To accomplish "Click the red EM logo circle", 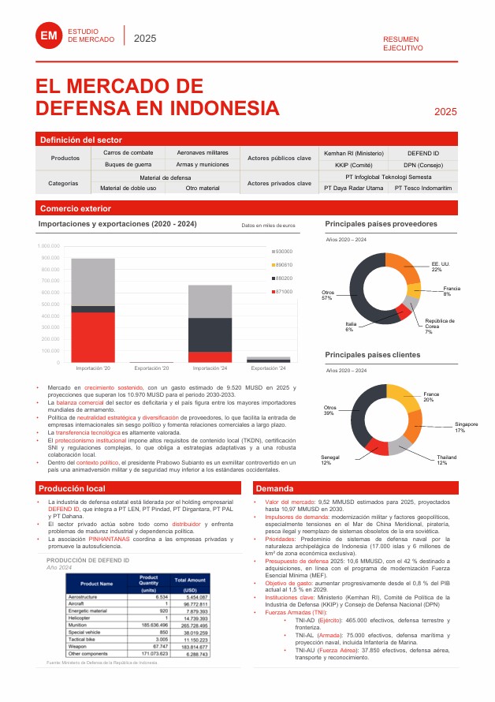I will [x=50, y=35].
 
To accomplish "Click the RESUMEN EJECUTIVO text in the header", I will [x=402, y=43].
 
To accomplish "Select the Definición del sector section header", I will [x=81, y=140].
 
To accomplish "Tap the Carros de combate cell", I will [x=128, y=152].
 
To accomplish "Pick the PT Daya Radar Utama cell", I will [x=353, y=189].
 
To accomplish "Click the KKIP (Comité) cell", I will [x=353, y=165].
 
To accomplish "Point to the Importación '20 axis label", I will [x=93, y=368].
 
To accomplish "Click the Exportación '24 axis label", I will [x=269, y=368].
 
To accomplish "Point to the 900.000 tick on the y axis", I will [x=49, y=258].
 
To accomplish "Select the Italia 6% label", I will [x=349, y=326].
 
